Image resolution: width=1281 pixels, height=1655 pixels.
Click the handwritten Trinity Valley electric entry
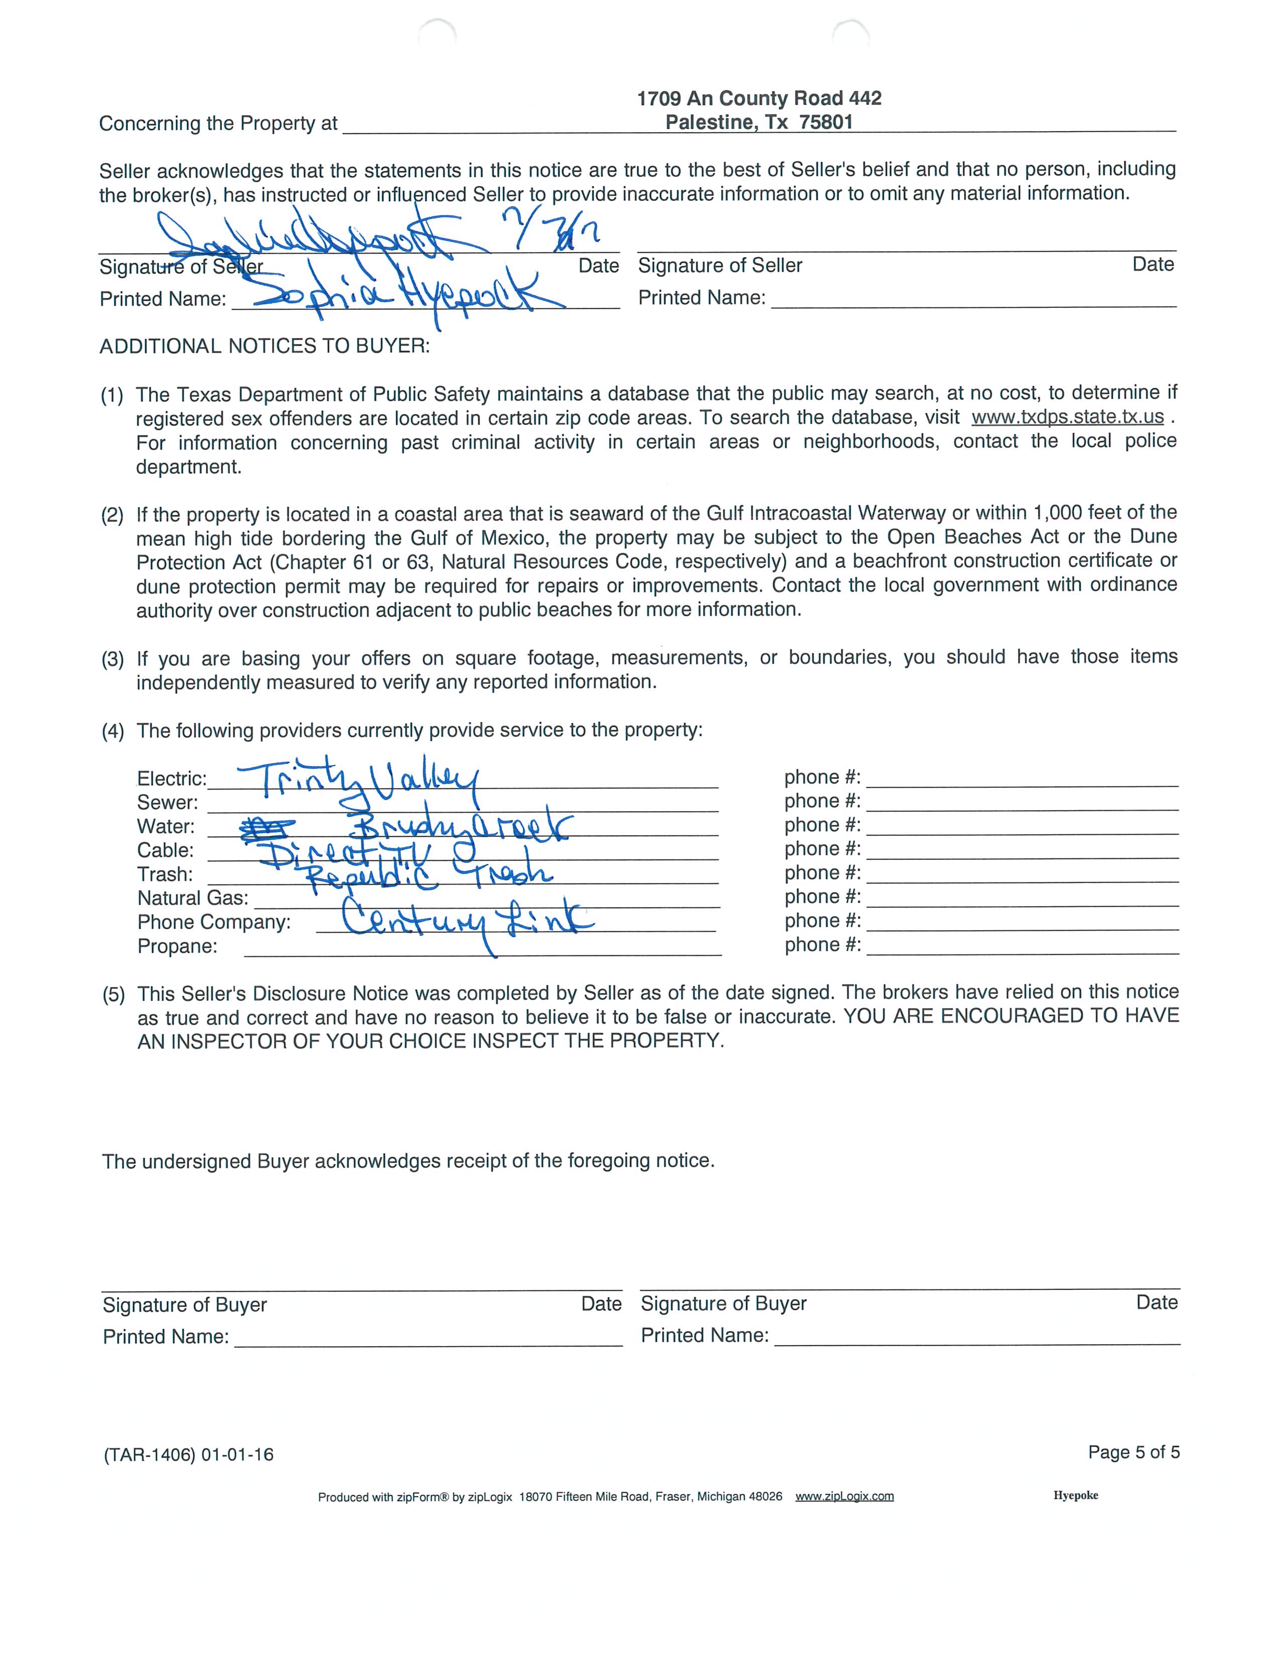(x=358, y=781)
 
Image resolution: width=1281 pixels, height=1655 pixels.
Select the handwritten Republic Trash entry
(x=428, y=874)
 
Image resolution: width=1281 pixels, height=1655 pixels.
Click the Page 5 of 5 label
(x=1133, y=1452)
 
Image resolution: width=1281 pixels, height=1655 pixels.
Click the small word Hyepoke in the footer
(x=1075, y=1495)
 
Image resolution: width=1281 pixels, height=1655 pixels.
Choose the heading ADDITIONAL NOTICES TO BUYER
(x=264, y=346)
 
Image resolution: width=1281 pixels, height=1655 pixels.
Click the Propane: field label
(x=177, y=946)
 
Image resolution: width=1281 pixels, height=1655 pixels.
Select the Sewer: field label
(x=167, y=803)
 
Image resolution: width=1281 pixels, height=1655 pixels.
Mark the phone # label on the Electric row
(x=822, y=778)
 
